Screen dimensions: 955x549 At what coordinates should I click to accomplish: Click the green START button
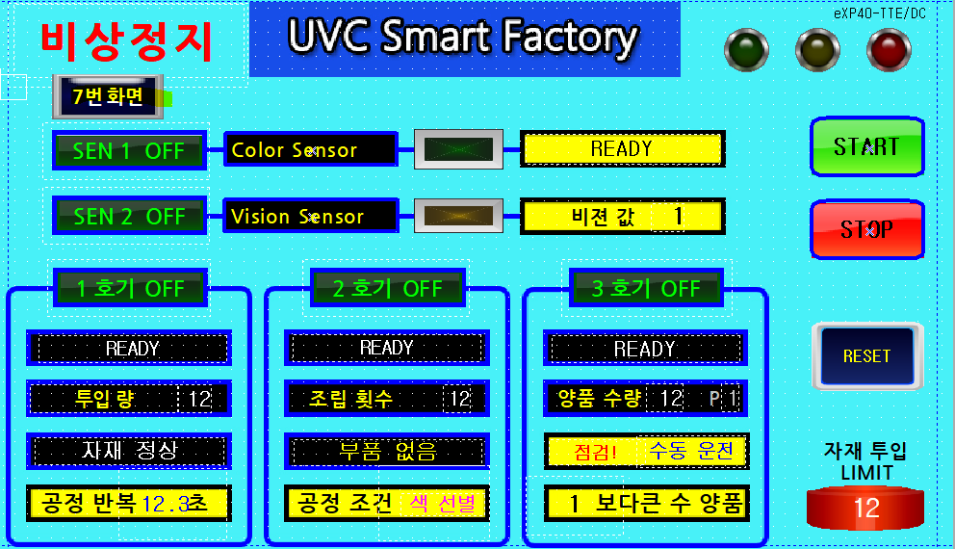point(866,147)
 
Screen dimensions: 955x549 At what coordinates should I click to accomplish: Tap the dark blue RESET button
point(866,355)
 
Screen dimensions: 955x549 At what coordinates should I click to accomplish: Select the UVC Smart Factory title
point(463,38)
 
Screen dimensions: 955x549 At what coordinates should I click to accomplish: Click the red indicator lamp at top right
point(889,49)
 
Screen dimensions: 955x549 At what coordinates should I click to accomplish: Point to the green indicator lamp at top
point(746,49)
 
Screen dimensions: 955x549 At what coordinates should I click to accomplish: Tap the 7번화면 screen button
point(108,96)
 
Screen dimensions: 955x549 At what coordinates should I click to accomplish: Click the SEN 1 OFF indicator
point(129,150)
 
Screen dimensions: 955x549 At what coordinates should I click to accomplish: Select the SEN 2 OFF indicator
point(129,217)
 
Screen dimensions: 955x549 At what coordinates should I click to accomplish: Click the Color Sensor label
point(310,149)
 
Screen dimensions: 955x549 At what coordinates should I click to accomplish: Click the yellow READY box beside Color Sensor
point(622,149)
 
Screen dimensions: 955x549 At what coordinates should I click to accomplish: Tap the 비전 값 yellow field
point(622,217)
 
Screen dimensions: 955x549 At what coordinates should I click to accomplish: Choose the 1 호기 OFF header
point(131,288)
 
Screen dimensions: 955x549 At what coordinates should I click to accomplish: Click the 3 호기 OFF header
point(646,288)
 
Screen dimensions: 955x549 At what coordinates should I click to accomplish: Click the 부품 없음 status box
point(387,451)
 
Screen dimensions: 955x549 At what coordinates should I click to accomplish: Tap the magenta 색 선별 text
point(443,503)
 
